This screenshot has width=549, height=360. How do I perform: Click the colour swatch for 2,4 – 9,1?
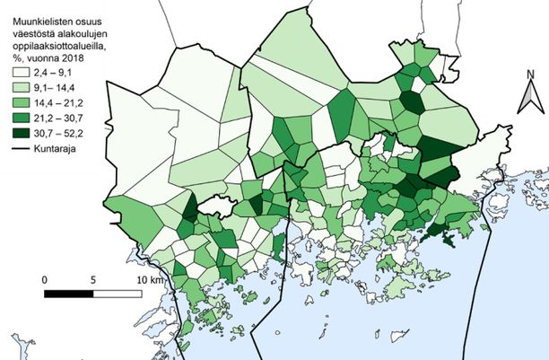tap(21, 72)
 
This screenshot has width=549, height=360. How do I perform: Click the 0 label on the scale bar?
tap(45, 278)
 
